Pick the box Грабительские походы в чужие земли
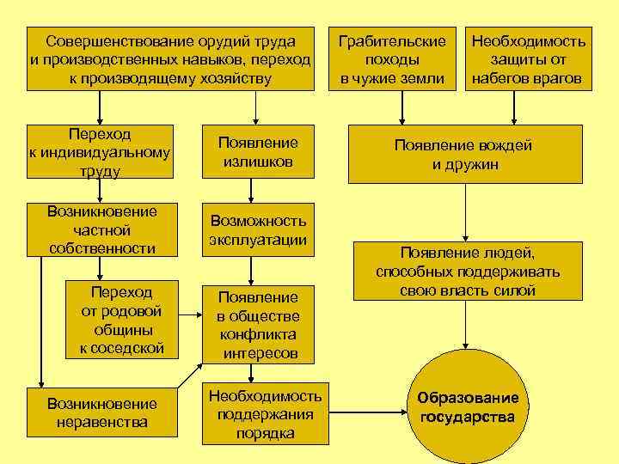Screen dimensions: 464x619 (x=393, y=60)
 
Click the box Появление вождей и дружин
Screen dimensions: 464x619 (x=463, y=156)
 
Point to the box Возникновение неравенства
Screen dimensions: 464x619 (x=102, y=412)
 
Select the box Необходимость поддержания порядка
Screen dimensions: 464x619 (x=265, y=414)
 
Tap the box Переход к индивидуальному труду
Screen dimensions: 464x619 (x=100, y=153)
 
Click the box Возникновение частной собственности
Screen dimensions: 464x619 (x=102, y=229)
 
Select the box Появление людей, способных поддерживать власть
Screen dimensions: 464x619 (x=468, y=272)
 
